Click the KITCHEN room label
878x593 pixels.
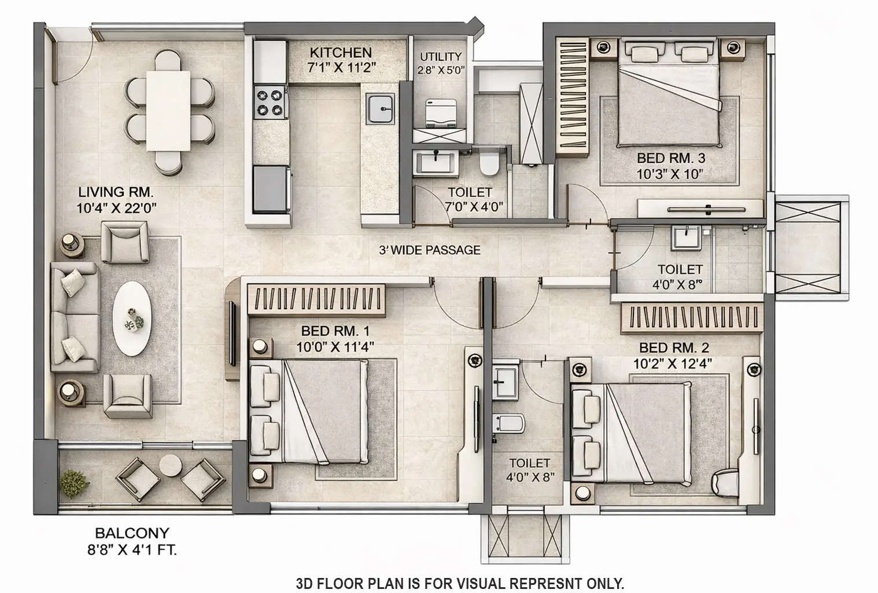coord(341,52)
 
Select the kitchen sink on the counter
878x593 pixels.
coord(379,108)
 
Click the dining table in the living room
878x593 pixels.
coord(168,109)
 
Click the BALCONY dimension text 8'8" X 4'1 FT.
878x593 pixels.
coord(132,549)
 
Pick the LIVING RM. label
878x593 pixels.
coord(116,192)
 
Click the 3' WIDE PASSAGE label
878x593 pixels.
coord(429,250)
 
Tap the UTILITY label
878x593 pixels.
coord(441,56)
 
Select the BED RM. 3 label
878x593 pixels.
coord(671,158)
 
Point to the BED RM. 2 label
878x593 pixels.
coord(674,347)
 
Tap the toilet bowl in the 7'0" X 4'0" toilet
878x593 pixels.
coord(489,163)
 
